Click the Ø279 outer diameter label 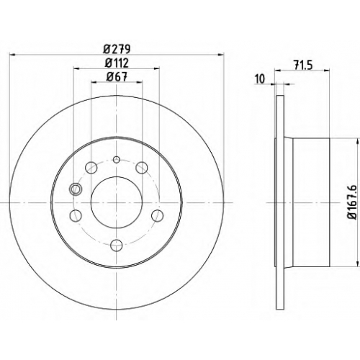click(117, 50)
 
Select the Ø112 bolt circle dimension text click(117, 63)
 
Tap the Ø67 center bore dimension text click(117, 77)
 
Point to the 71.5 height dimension click(303, 65)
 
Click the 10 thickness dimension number click(260, 79)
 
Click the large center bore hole click(117, 202)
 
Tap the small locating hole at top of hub click(117, 159)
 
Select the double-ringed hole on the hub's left click(76, 189)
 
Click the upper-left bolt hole click(91, 167)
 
